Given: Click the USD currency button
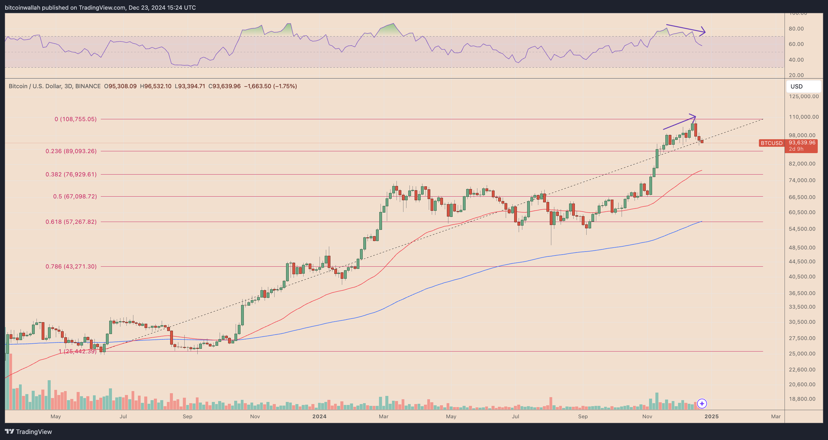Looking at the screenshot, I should (803, 86).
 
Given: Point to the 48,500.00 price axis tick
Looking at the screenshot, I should (802, 248).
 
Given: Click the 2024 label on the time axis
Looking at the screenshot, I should (319, 416).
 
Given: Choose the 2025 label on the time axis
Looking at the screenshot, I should (711, 416).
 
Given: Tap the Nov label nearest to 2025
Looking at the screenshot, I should (647, 416).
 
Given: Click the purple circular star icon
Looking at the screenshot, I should (702, 403).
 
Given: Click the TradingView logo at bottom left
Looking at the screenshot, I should (28, 432).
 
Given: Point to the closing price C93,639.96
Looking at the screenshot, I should (225, 86).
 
